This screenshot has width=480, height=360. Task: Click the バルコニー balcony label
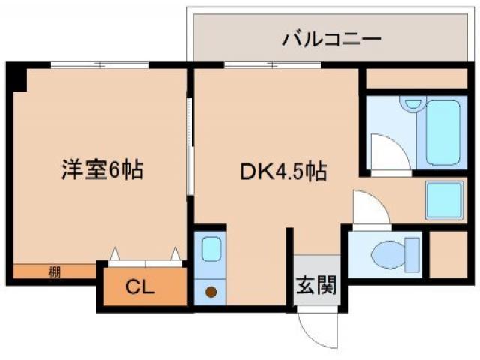(x=332, y=38)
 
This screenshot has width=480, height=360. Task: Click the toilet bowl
(x=393, y=253)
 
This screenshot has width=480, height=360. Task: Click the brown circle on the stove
(x=211, y=291)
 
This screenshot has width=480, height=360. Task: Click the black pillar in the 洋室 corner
(x=16, y=77)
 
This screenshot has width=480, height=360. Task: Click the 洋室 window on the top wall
(x=100, y=64)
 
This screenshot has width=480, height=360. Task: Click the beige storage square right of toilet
(x=448, y=253)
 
